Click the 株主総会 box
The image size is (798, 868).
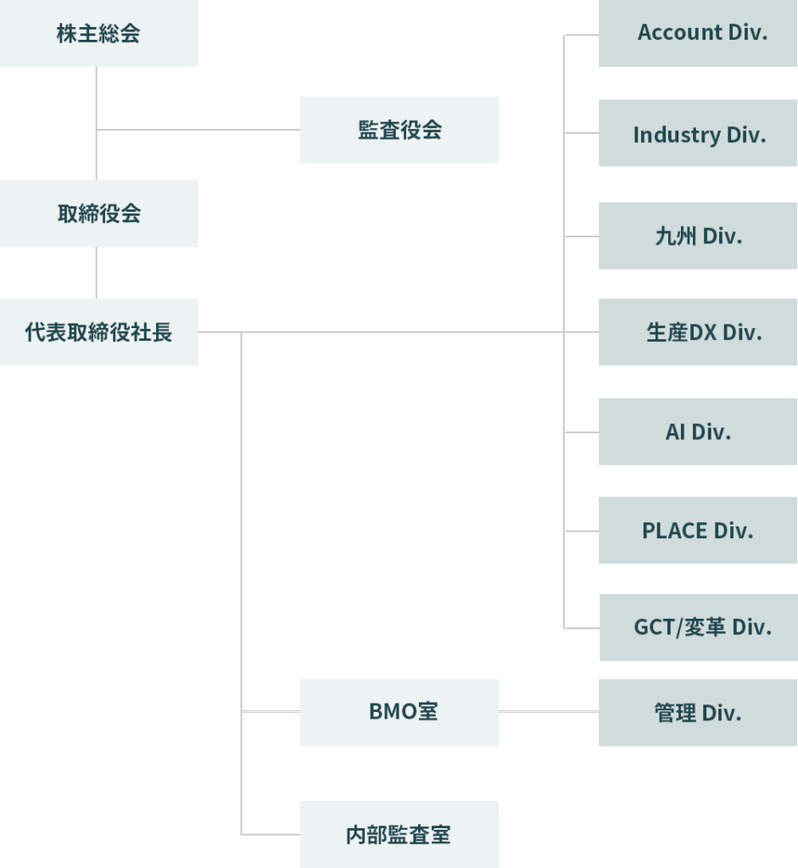click(x=98, y=33)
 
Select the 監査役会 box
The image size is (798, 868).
click(x=399, y=130)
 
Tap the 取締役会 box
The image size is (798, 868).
click(x=98, y=213)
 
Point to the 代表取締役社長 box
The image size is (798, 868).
click(x=98, y=331)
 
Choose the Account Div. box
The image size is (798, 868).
click(x=697, y=33)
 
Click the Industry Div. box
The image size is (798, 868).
click(x=697, y=133)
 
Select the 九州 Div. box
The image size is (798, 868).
click(x=697, y=236)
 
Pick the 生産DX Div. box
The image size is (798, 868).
click(x=697, y=331)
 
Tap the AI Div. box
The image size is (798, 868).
click(x=697, y=431)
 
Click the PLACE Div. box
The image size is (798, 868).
click(x=697, y=531)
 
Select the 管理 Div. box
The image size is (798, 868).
click(x=697, y=713)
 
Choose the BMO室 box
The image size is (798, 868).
click(x=399, y=712)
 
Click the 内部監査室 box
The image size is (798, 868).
click(x=399, y=834)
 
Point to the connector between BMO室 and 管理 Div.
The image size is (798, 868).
click(x=548, y=712)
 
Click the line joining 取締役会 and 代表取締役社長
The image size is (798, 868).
click(x=97, y=272)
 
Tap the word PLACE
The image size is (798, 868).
click(x=674, y=531)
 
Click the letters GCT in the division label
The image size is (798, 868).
click(x=652, y=627)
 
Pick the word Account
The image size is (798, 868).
click(x=679, y=33)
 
